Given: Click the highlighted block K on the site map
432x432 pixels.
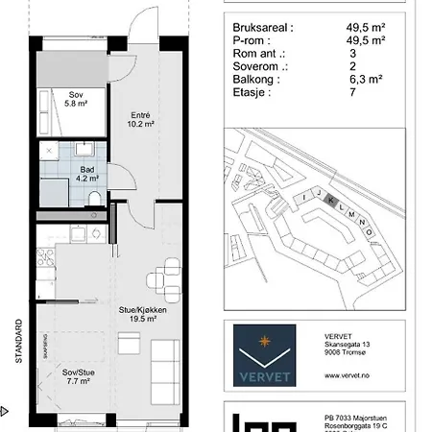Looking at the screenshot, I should click(329, 201).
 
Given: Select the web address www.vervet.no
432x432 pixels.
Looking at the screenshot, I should click(349, 376).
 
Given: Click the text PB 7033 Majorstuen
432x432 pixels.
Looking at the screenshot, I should click(360, 419).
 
